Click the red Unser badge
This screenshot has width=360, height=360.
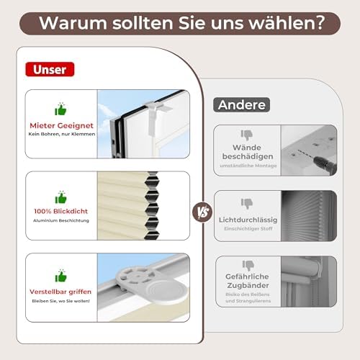[x=50, y=69]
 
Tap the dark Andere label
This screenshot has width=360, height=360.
[x=242, y=104]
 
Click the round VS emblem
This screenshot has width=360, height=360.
[x=202, y=212]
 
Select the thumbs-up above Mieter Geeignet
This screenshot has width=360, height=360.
[x=60, y=109]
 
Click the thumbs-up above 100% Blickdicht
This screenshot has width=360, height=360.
[x=60, y=197]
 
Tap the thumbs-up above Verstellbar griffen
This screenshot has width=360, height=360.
[x=60, y=276]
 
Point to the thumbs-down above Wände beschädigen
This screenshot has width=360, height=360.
[x=247, y=135]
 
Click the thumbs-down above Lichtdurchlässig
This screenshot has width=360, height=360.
[x=247, y=204]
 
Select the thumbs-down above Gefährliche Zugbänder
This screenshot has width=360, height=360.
[x=248, y=266]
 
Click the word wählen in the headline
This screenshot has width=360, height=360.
[x=287, y=23]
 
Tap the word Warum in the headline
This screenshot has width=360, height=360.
[x=73, y=23]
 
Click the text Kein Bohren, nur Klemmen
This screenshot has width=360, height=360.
[x=62, y=134]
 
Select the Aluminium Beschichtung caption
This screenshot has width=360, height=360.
[x=61, y=220]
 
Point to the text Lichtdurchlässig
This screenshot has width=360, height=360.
[x=248, y=220]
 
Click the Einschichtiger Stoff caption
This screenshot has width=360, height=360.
[x=248, y=229]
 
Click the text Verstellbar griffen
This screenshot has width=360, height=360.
[x=60, y=292]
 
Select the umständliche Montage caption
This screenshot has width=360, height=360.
[x=248, y=166]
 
